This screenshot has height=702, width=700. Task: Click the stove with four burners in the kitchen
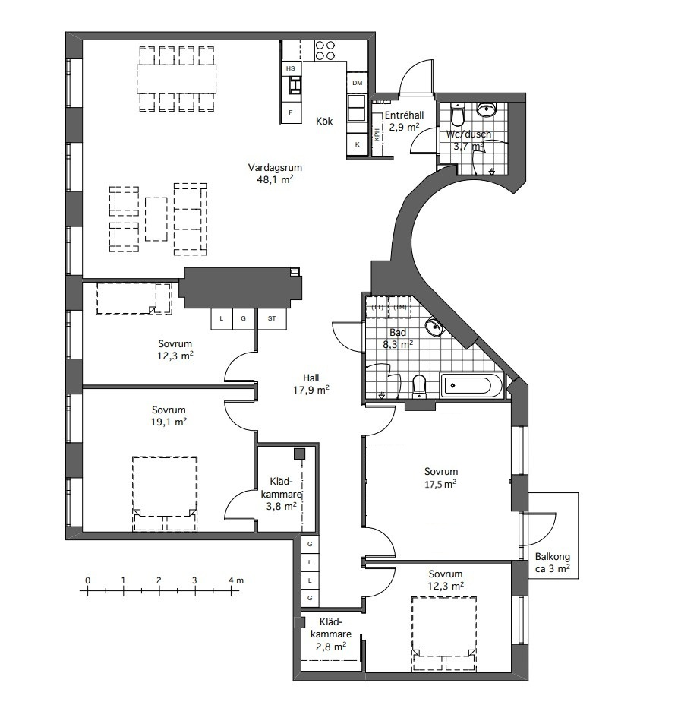point(325,51)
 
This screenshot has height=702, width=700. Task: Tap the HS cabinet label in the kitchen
point(291,68)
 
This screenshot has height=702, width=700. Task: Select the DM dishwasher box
point(357,83)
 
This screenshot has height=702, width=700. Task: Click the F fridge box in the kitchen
point(291,112)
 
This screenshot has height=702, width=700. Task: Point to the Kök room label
point(324,122)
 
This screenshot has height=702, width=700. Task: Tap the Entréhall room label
point(405,115)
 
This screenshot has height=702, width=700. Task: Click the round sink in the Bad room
point(434,327)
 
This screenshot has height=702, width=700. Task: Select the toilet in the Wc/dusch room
point(458,114)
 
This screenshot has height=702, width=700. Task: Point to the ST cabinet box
point(272,319)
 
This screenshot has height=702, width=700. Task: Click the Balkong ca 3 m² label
point(553,563)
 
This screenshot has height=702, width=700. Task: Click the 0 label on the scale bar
point(87,580)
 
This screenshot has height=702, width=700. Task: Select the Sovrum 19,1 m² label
point(169,416)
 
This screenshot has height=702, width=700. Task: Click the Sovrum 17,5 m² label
point(441,478)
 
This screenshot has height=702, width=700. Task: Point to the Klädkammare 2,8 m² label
point(331,634)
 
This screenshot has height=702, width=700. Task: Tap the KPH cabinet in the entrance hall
point(377,134)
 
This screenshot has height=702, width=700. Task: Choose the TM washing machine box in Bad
point(400,307)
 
